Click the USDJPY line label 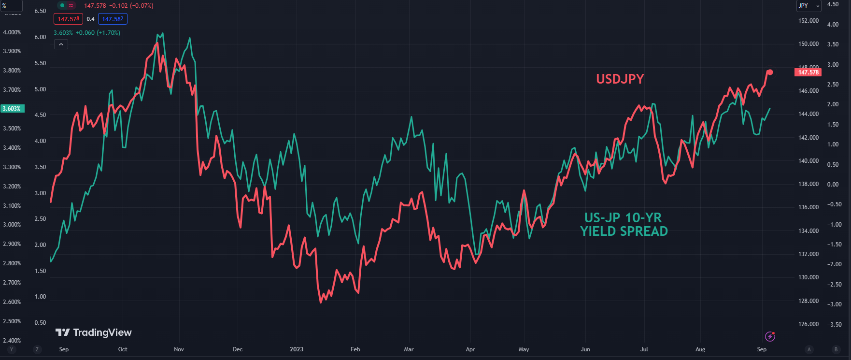point(620,79)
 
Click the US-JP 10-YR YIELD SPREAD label point(624,224)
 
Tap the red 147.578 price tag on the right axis point(808,72)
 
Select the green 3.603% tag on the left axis point(12,109)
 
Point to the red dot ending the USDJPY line point(770,72)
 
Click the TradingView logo point(94,332)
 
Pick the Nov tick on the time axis point(179,349)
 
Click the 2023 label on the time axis point(297,349)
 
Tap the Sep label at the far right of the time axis point(762,349)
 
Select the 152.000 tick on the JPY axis point(808,21)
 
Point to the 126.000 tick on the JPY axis point(808,324)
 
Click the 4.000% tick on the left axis point(12,32)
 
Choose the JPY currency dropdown point(808,6)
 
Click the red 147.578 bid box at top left point(68,19)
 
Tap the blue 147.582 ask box point(113,19)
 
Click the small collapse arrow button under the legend point(61,44)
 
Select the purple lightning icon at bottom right point(770,336)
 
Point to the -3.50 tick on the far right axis point(834,325)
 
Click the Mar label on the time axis point(409,349)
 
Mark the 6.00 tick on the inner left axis point(41,37)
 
